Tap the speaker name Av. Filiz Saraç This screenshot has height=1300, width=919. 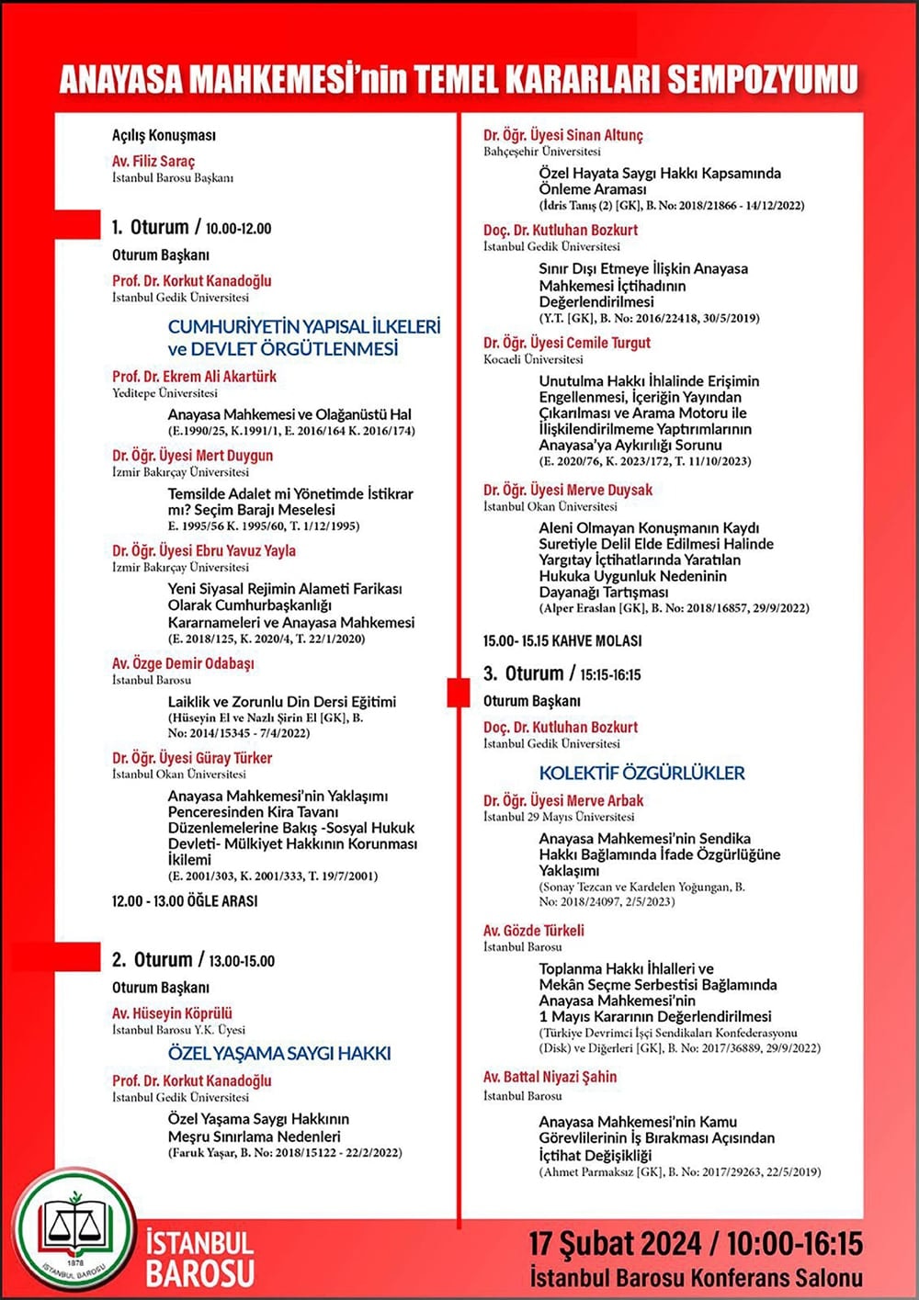153,161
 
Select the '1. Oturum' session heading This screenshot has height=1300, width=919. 150,227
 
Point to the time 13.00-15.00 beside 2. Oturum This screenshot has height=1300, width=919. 242,961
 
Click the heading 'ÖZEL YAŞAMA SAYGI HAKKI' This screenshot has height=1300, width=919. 279,1053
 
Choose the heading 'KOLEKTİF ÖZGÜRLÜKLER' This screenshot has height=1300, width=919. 641,773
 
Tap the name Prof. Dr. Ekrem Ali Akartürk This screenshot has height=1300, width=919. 194,376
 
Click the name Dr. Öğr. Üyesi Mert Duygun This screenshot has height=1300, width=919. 192,455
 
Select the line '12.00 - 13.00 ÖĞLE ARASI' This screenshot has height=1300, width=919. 185,901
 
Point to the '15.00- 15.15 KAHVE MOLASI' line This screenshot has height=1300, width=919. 562,640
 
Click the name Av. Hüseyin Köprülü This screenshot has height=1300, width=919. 172,1012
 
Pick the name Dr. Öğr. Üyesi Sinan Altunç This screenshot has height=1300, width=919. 563,135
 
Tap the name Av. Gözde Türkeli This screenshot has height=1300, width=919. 534,930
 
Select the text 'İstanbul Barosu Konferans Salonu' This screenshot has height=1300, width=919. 696,1277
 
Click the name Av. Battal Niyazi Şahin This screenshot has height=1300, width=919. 550,1077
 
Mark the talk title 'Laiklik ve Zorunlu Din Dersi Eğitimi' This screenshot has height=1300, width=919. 281,701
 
